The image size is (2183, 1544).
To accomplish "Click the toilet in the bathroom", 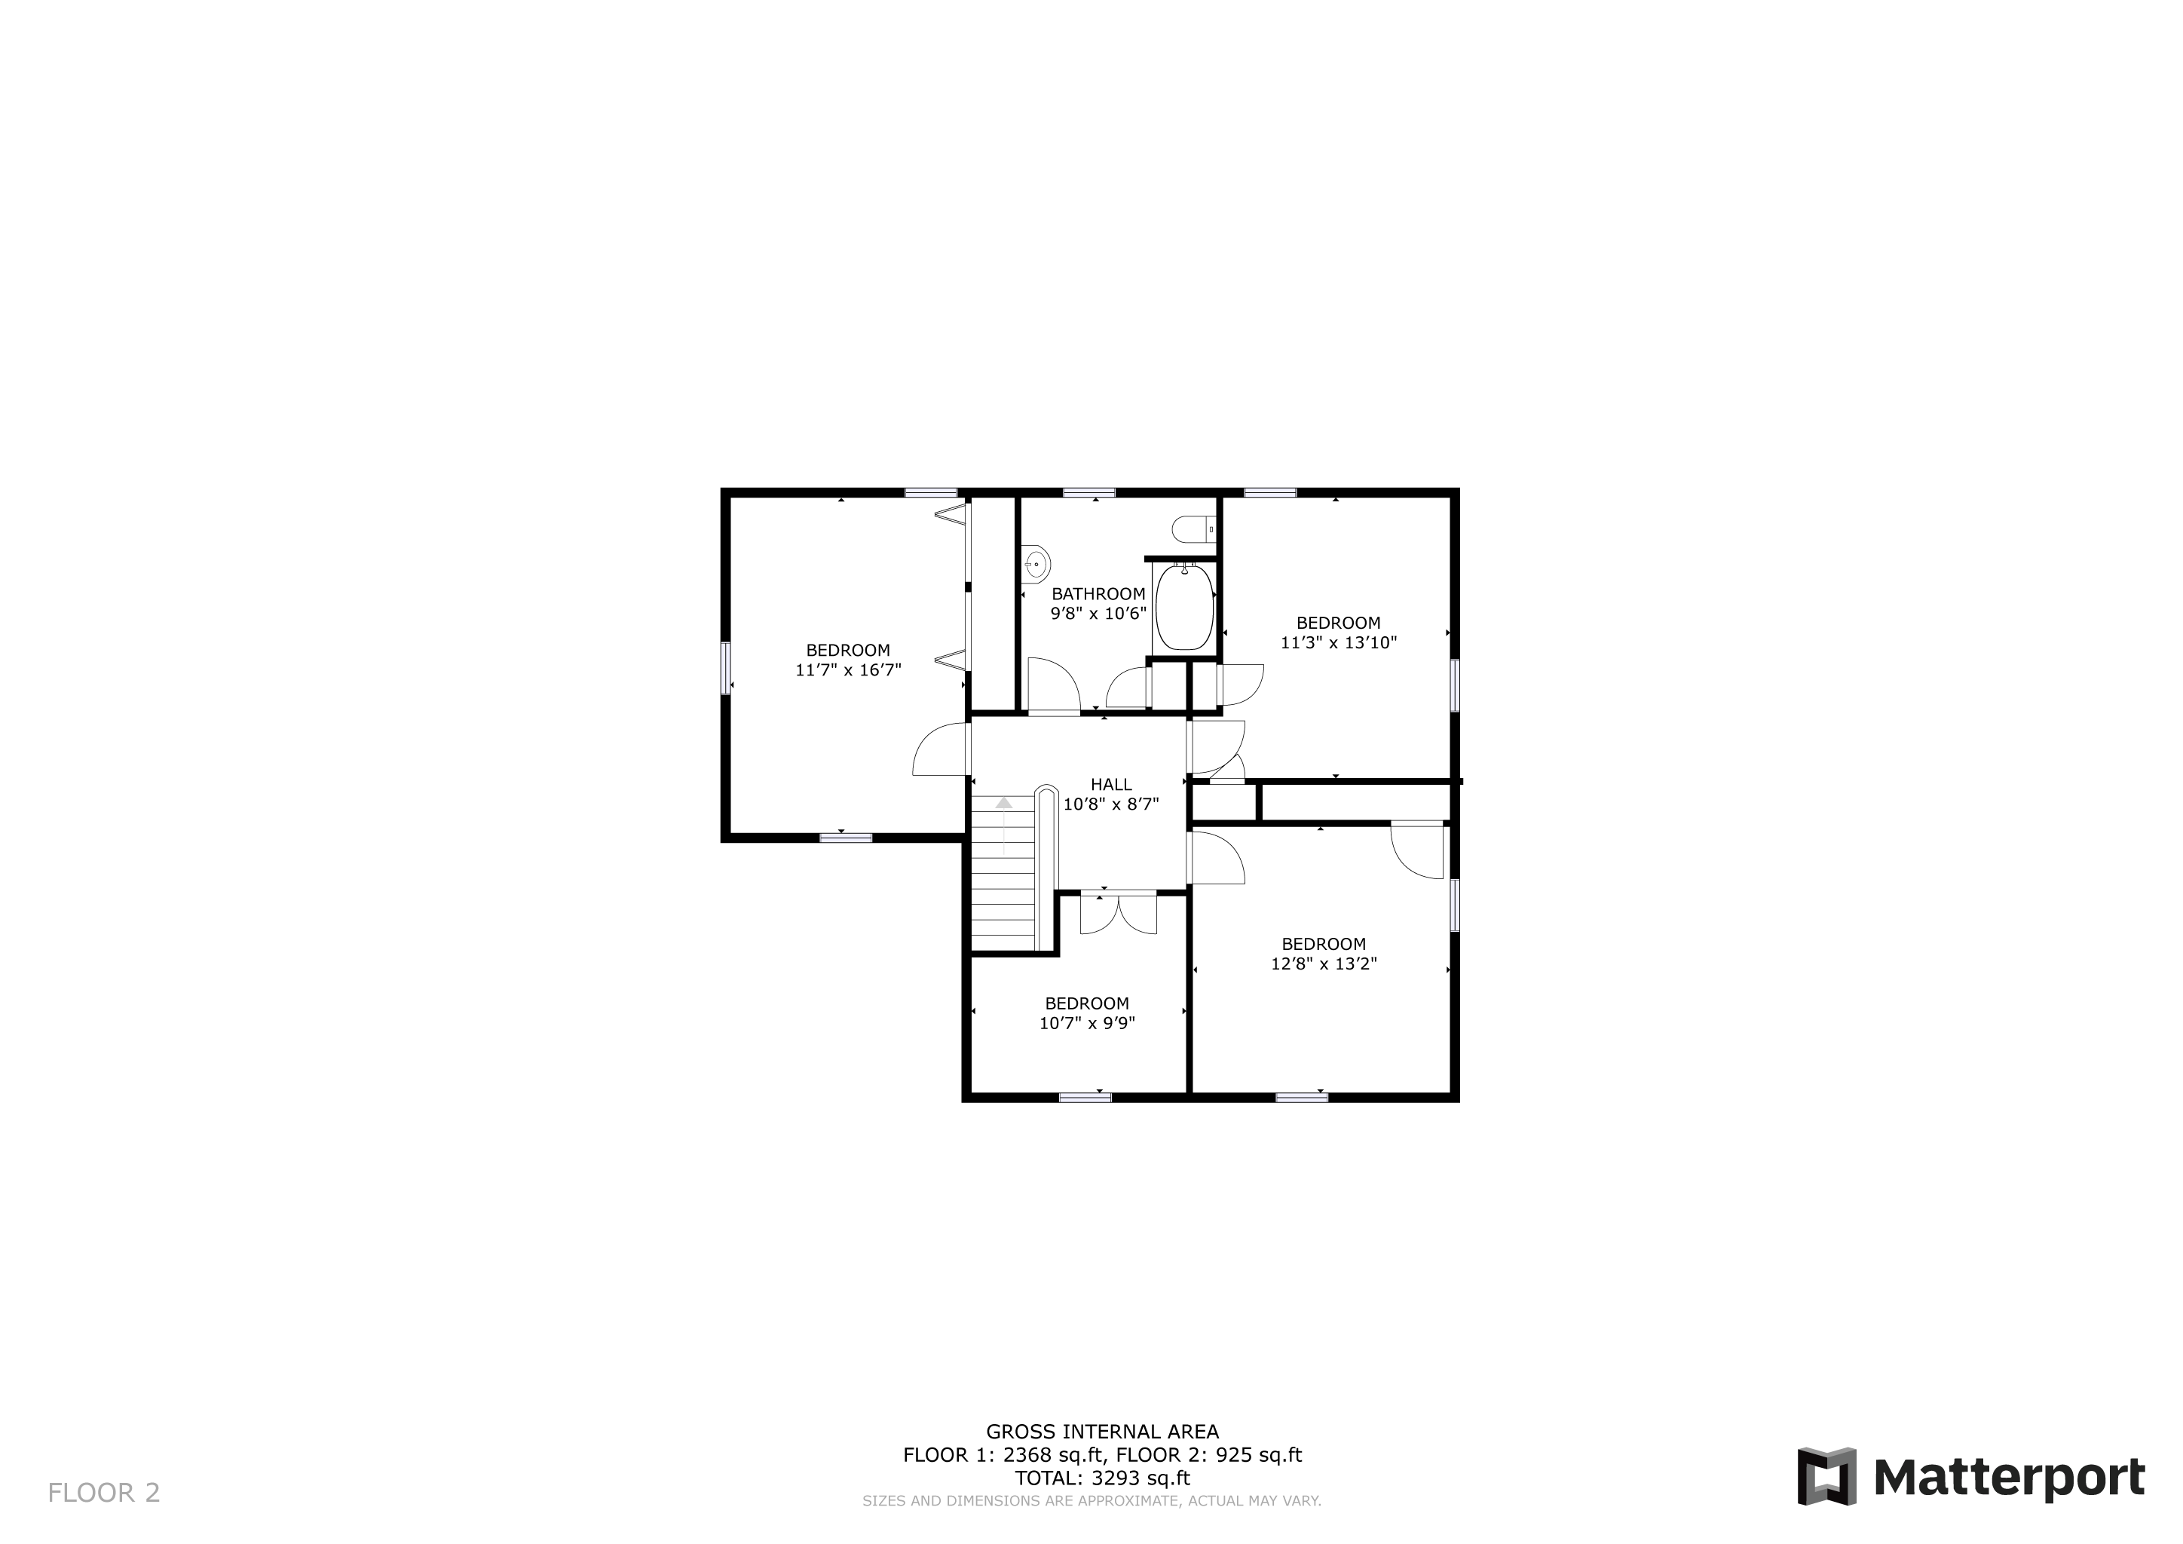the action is pyautogui.click(x=1194, y=528).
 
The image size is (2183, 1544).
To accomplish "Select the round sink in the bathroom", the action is pyautogui.click(x=1036, y=564).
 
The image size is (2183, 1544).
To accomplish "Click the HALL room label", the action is pyautogui.click(x=1110, y=784).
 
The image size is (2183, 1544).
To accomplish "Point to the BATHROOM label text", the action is pyautogui.click(x=1098, y=594).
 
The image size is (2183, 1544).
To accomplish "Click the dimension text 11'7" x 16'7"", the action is pyautogui.click(x=848, y=669).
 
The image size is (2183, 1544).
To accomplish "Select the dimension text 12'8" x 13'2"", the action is pyautogui.click(x=1324, y=963).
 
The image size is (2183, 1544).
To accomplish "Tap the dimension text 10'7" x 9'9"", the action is pyautogui.click(x=1087, y=1023).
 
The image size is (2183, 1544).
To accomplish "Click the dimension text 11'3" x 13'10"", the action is pyautogui.click(x=1338, y=642).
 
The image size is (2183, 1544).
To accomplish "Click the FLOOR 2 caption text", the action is pyautogui.click(x=103, y=1493).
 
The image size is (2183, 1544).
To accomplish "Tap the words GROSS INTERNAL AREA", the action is pyautogui.click(x=1102, y=1432).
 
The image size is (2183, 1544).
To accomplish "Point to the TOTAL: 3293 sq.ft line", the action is pyautogui.click(x=1102, y=1478).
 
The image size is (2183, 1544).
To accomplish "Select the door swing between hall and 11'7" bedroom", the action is pyautogui.click(x=939, y=749).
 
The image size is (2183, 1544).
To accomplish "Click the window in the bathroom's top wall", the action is pyautogui.click(x=1088, y=492).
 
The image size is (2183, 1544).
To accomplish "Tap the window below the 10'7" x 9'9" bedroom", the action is pyautogui.click(x=1085, y=1098).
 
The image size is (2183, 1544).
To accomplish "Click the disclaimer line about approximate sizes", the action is pyautogui.click(x=1091, y=1501).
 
